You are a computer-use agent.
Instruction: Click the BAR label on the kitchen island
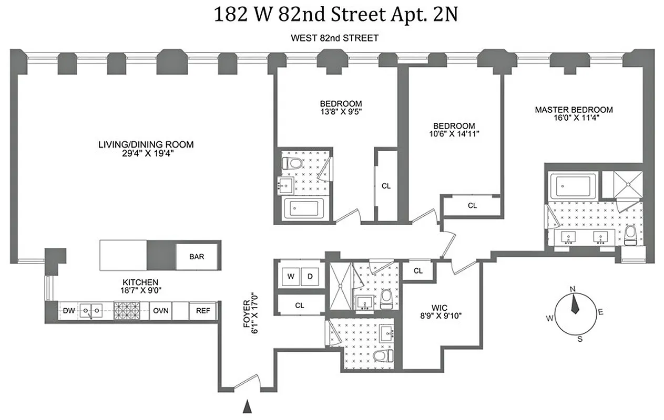pyautogui.click(x=197, y=257)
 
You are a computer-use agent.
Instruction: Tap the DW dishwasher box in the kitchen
pyautogui.click(x=68, y=310)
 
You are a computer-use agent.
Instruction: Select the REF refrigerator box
pyautogui.click(x=203, y=310)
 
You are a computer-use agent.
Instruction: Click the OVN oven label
pyautogui.click(x=161, y=310)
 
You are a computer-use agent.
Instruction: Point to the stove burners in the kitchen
pyautogui.click(x=127, y=310)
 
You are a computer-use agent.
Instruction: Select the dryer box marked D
pyautogui.click(x=310, y=276)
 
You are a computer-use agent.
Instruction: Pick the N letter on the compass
pyautogui.click(x=573, y=288)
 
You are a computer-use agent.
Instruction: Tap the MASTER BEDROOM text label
pyautogui.click(x=574, y=110)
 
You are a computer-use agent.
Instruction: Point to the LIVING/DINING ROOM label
pyautogui.click(x=146, y=144)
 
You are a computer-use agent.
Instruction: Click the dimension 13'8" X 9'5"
pyautogui.click(x=341, y=111)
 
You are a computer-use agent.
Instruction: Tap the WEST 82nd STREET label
pyautogui.click(x=334, y=38)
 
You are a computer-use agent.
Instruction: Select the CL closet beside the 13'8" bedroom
pyautogui.click(x=386, y=185)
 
